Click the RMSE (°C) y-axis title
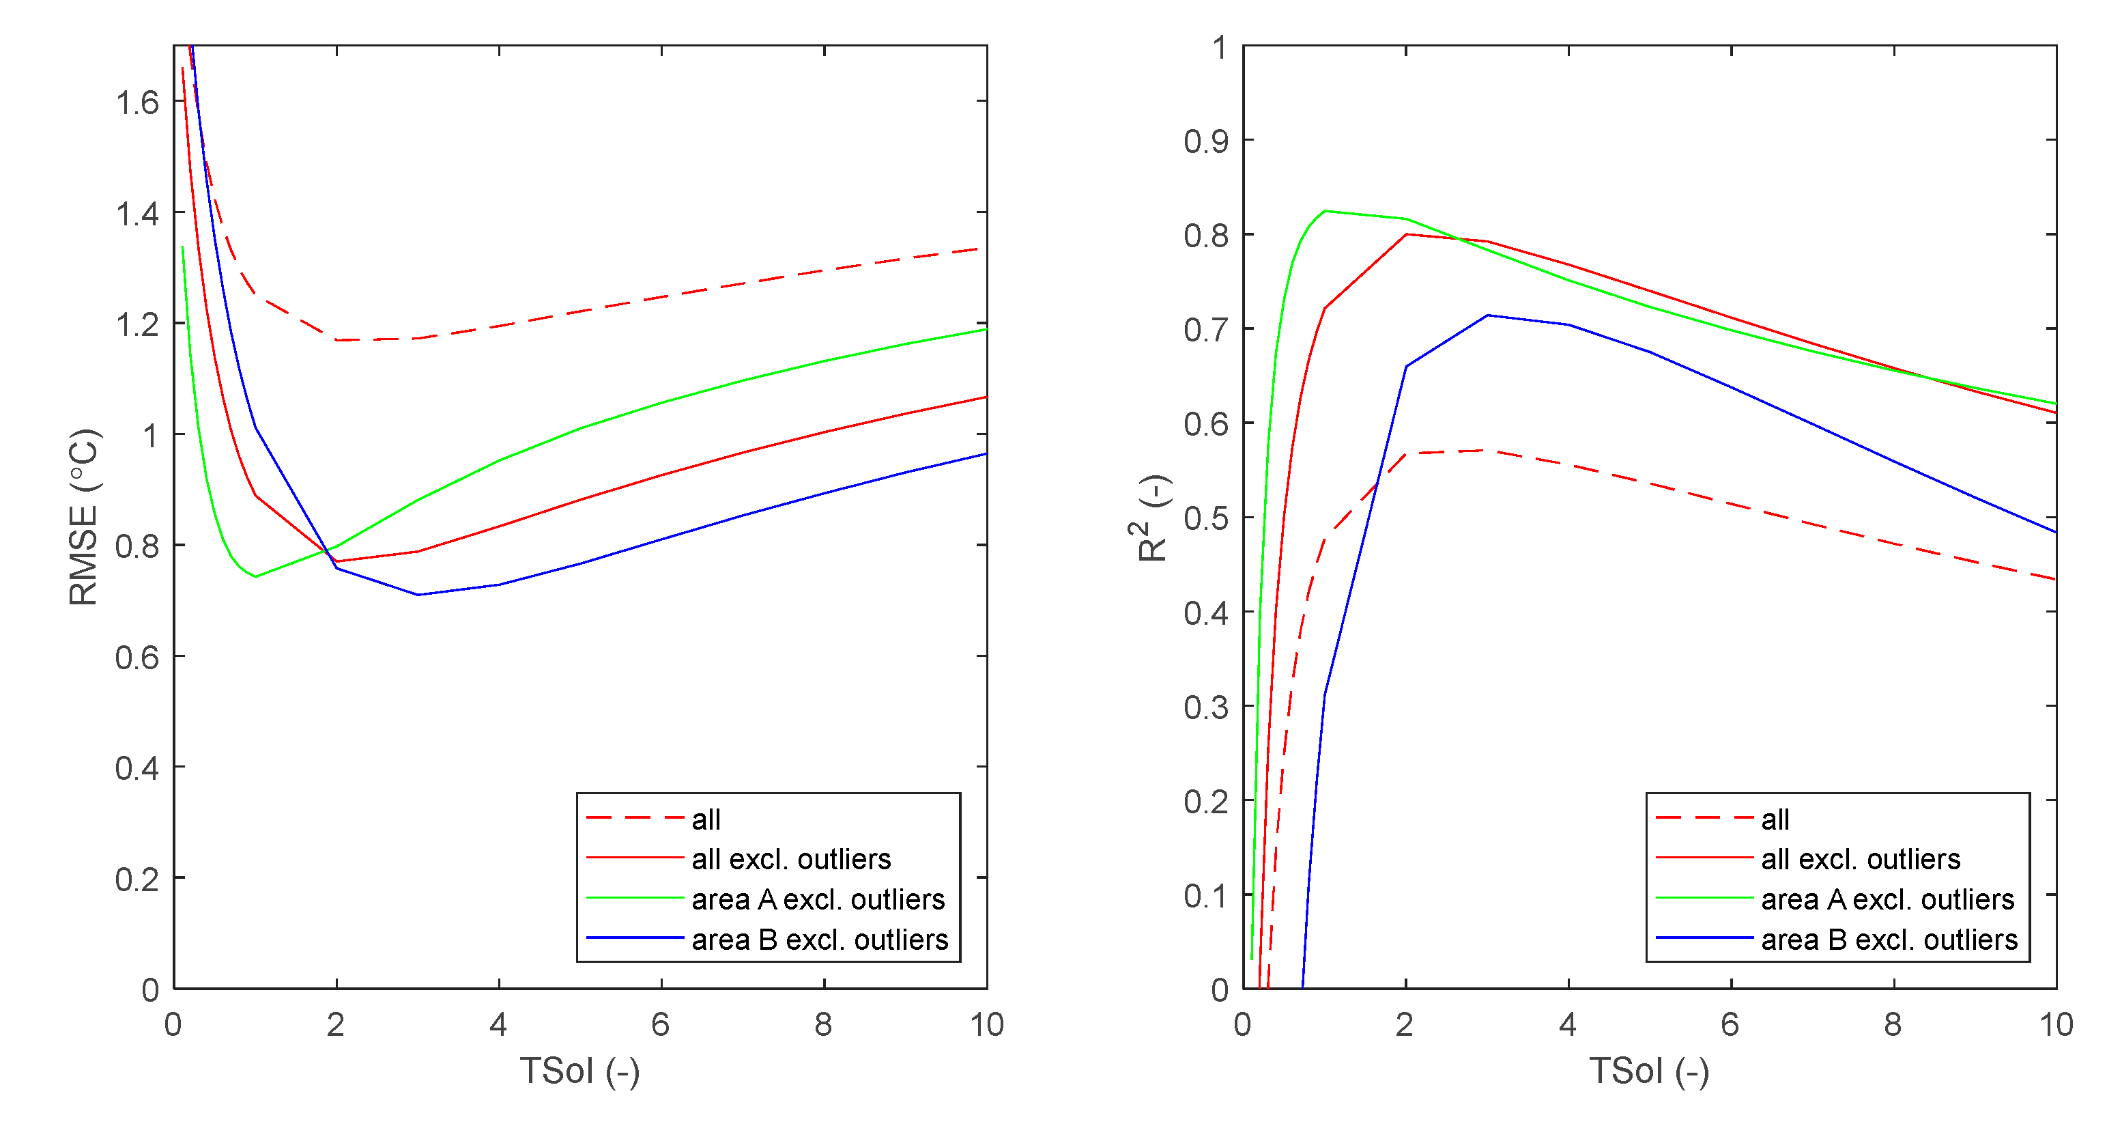pos(83,517)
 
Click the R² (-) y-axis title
pos(1153,519)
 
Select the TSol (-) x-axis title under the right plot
pos(1649,1071)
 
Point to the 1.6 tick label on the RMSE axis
pos(137,102)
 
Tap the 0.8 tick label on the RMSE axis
pos(137,546)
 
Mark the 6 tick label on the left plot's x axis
pos(661,1024)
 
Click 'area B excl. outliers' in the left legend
pos(820,940)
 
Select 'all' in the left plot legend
pos(706,819)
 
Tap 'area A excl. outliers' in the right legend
pos(1888,899)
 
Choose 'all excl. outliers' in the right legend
pos(1861,859)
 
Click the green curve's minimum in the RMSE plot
pos(256,576)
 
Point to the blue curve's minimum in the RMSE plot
pos(418,595)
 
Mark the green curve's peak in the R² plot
pos(1325,211)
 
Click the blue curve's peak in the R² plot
pos(1488,315)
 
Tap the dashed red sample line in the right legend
pos(1704,817)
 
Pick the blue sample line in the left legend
pos(635,938)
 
